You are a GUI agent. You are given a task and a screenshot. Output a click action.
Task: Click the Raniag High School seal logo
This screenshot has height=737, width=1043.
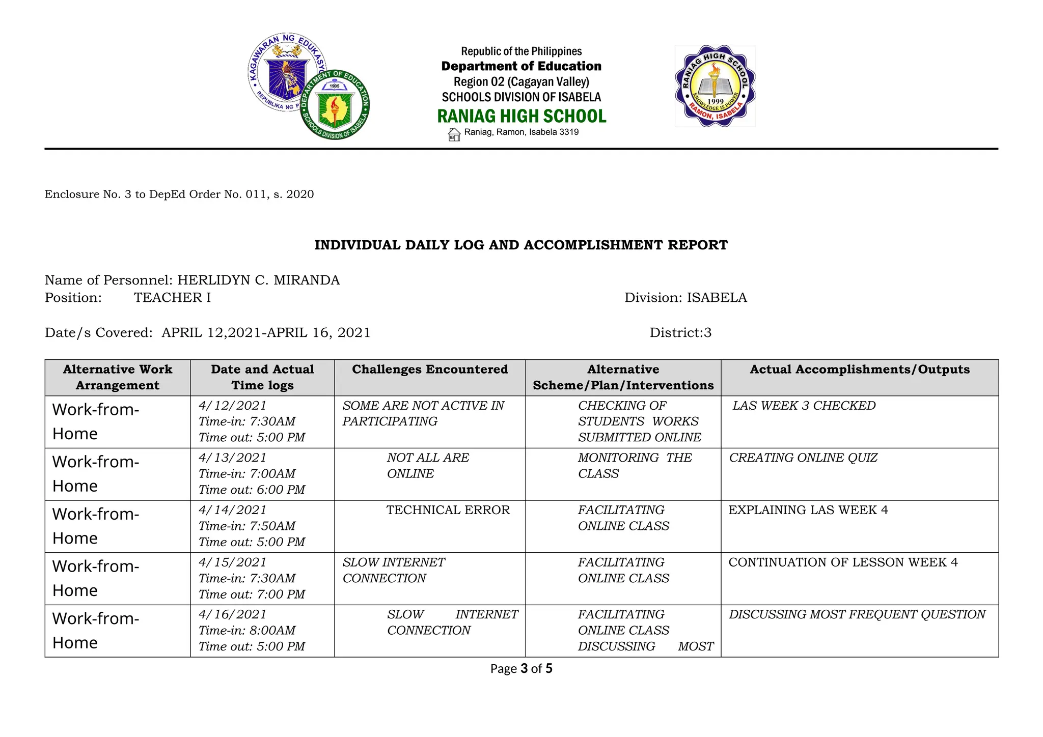(x=715, y=86)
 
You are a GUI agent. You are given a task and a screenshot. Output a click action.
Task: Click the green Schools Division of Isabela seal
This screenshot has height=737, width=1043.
(x=335, y=105)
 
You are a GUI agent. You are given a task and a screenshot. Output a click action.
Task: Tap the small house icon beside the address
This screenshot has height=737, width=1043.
(x=454, y=134)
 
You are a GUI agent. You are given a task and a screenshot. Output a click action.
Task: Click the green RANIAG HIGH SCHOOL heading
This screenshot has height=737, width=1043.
(x=521, y=116)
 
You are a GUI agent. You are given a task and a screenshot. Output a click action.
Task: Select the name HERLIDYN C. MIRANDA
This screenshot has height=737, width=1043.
(x=258, y=280)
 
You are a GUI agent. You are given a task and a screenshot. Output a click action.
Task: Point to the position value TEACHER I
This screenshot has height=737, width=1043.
(x=172, y=298)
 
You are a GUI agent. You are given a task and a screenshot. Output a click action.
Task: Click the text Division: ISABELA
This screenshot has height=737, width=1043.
(x=685, y=298)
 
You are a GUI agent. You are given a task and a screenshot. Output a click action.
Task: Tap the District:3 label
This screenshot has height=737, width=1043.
(x=680, y=333)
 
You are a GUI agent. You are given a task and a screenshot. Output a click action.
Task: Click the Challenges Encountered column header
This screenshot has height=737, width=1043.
(x=430, y=370)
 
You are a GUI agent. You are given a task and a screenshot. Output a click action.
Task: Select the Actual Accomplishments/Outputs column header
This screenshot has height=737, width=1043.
(x=859, y=370)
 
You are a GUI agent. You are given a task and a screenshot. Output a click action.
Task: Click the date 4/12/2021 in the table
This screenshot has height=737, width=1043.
(x=232, y=406)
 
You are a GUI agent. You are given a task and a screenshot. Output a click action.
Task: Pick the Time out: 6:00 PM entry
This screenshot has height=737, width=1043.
(x=252, y=490)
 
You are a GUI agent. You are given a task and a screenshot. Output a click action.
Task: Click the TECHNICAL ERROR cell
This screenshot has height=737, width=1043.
(x=448, y=510)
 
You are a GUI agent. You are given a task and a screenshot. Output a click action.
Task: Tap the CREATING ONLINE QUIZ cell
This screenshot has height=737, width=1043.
(x=803, y=458)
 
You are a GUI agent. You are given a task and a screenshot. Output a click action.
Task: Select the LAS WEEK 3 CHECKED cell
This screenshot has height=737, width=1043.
(x=804, y=406)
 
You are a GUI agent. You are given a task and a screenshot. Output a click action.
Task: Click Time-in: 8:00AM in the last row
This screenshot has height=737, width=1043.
(x=247, y=631)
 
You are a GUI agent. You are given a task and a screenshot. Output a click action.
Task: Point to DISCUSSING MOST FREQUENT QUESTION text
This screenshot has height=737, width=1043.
(x=857, y=614)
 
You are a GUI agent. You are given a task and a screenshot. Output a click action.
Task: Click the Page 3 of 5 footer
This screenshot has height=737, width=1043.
(x=521, y=669)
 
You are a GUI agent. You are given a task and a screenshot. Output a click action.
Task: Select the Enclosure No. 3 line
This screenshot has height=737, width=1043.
(x=179, y=194)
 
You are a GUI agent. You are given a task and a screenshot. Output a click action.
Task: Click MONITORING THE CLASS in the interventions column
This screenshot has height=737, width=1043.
(x=634, y=465)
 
